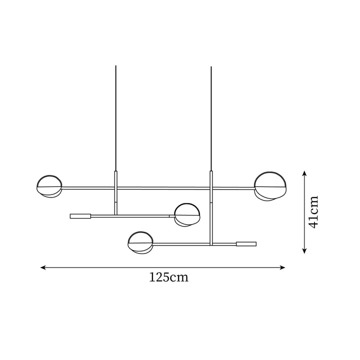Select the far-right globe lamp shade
pos(270,184)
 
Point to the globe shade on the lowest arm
pos(139,242)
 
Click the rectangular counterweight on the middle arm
pos(80,216)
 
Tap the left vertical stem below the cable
pos(115,192)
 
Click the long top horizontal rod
pos(160,188)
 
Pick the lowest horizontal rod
pos(190,244)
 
